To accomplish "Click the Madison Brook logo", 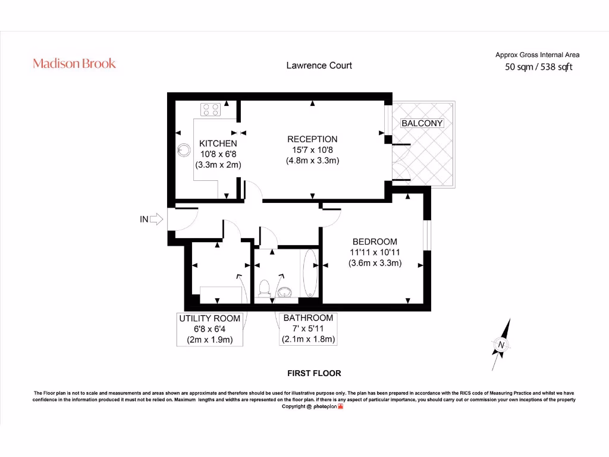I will click(74, 64).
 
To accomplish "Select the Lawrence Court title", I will click(319, 65).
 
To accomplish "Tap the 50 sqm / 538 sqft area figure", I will click(538, 67).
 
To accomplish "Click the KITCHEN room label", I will click(218, 143).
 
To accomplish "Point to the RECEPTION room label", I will click(312, 139).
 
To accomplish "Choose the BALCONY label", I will click(422, 123).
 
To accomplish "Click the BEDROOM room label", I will click(375, 242).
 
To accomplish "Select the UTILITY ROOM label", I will click(210, 319).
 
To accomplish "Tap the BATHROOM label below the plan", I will click(308, 318).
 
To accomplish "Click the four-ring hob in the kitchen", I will click(211, 109).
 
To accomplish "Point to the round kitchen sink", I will click(184, 148).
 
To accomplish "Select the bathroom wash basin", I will click(285, 291).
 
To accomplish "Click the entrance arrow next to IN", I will click(156, 220).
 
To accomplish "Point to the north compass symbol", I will click(501, 344).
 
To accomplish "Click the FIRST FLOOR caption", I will click(314, 373).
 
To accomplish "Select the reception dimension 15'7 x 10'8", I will click(312, 150).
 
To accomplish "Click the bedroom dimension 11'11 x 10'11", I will click(375, 252).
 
